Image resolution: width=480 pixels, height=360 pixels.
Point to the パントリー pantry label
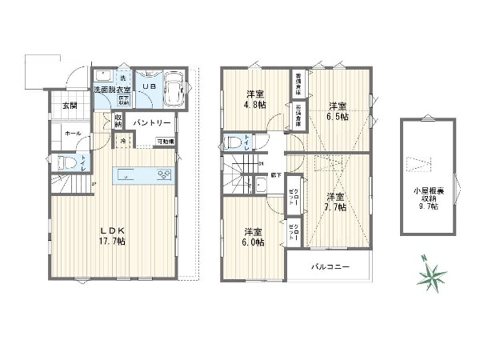152,123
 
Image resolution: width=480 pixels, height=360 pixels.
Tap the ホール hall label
72,133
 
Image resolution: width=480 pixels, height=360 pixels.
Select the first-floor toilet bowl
70,164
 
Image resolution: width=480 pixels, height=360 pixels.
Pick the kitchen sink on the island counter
128,175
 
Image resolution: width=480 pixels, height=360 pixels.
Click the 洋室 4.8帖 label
255,98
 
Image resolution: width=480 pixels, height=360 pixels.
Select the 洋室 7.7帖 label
334,201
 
